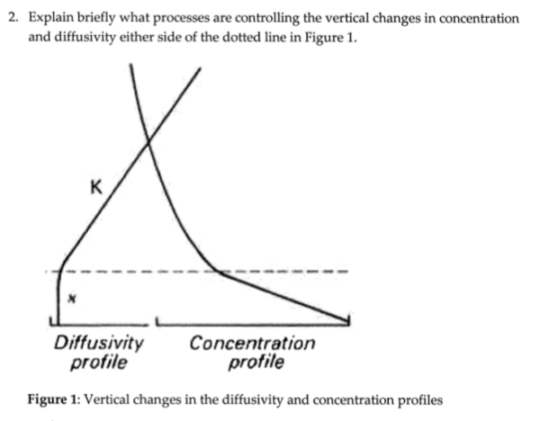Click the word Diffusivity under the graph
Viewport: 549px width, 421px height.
point(99,343)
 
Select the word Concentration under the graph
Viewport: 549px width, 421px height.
point(253,343)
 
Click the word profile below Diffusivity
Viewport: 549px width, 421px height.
point(98,363)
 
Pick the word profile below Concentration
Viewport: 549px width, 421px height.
point(256,363)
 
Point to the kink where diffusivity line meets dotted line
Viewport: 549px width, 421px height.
point(60,268)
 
